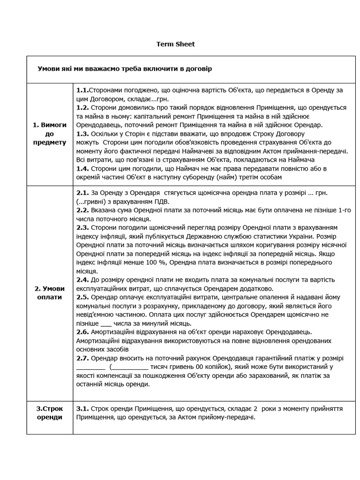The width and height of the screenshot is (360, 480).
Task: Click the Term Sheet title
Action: click(x=175, y=44)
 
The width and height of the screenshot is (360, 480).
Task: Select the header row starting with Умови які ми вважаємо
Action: click(x=125, y=69)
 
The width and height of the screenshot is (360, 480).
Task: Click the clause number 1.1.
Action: click(x=82, y=90)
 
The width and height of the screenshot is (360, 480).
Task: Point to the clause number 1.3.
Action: click(x=82, y=134)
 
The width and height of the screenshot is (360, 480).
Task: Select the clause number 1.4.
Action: click(x=82, y=168)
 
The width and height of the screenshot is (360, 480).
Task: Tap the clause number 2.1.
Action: click(x=82, y=193)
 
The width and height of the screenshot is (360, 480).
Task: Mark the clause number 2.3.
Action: click(x=82, y=228)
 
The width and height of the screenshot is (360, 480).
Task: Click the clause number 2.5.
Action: click(x=82, y=297)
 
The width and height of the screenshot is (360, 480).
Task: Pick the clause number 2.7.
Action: click(x=82, y=358)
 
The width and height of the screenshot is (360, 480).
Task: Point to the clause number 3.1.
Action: click(x=82, y=409)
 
